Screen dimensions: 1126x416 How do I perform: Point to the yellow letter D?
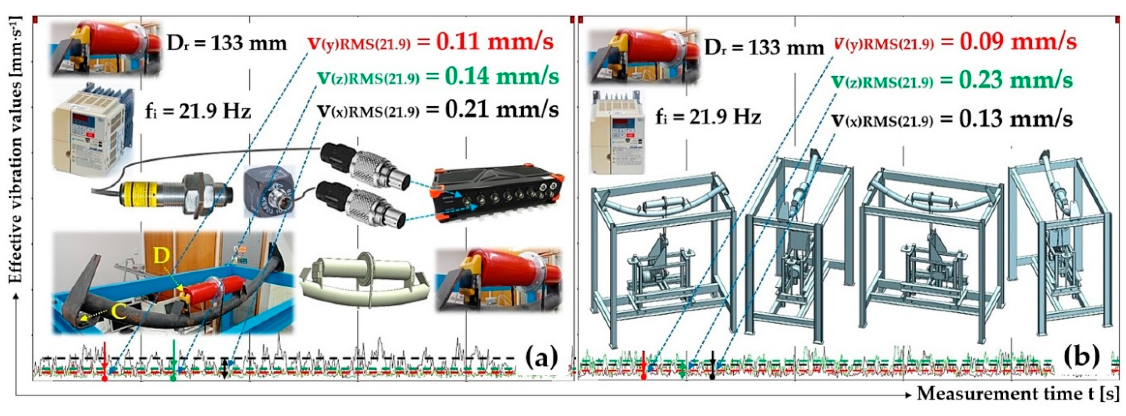coord(162,257)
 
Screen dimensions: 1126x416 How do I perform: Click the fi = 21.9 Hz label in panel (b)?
coord(708,117)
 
